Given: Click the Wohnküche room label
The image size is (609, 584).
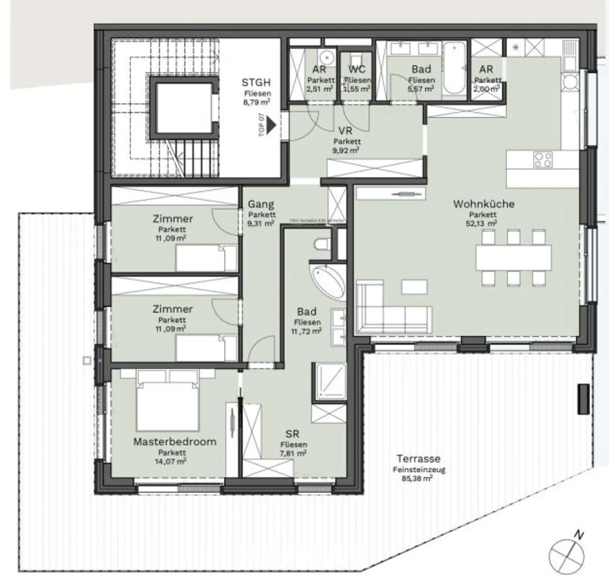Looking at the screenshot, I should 483,204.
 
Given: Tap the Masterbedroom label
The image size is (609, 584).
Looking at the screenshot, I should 174,441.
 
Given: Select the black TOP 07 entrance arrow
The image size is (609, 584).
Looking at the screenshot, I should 271,125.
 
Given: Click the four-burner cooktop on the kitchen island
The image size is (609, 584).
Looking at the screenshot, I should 542,160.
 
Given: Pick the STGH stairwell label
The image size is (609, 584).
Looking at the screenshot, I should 256,83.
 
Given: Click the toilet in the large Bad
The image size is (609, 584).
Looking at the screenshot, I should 322,244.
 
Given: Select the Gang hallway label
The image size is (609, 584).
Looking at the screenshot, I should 260,204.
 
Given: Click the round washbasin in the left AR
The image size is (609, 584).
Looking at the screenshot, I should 327,58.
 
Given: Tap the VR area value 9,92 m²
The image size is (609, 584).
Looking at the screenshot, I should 346,150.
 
